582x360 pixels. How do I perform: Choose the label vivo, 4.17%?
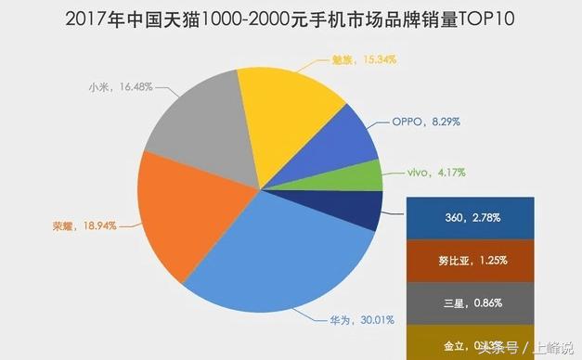coord(437,173)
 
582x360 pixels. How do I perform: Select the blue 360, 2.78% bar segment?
coord(472,217)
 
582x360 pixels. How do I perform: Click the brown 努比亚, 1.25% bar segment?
coord(472,260)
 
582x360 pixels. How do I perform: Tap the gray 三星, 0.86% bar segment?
coord(472,302)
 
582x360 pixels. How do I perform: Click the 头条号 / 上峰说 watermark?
coord(524,347)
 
